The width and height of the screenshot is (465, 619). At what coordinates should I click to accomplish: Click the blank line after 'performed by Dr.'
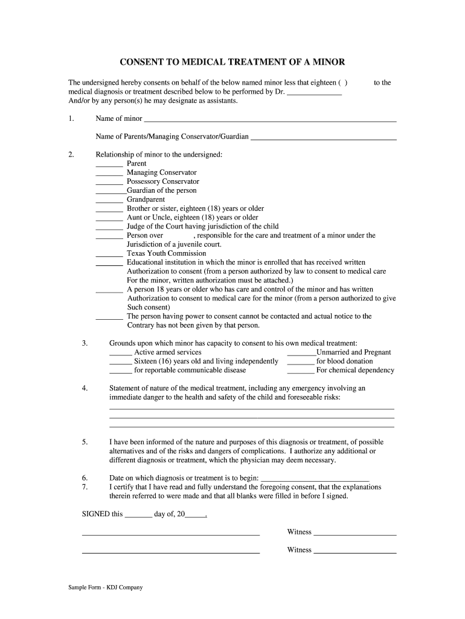(314, 94)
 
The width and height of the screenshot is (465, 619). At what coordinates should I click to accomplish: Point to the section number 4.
(85, 389)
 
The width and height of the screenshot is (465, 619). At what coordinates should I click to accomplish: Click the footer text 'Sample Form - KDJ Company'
(105, 587)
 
